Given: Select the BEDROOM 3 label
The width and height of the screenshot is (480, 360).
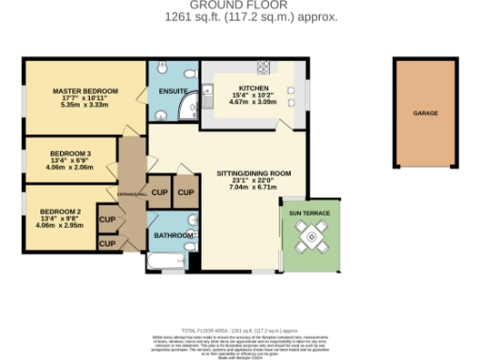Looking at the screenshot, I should click(71, 153).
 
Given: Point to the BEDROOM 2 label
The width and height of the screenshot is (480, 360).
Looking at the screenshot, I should click(71, 211).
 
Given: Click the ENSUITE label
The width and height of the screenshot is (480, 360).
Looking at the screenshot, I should click(173, 90).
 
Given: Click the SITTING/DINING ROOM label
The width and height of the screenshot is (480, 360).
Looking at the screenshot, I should click(248, 173).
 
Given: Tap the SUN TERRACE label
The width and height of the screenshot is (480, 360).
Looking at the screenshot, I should click(308, 214).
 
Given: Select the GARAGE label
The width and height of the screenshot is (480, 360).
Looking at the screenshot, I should click(426, 112).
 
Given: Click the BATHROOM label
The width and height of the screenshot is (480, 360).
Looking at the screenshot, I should click(173, 235).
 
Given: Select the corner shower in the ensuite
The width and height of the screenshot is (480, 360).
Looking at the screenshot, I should click(187, 103).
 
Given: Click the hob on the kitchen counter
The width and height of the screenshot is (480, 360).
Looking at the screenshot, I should click(263, 67).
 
